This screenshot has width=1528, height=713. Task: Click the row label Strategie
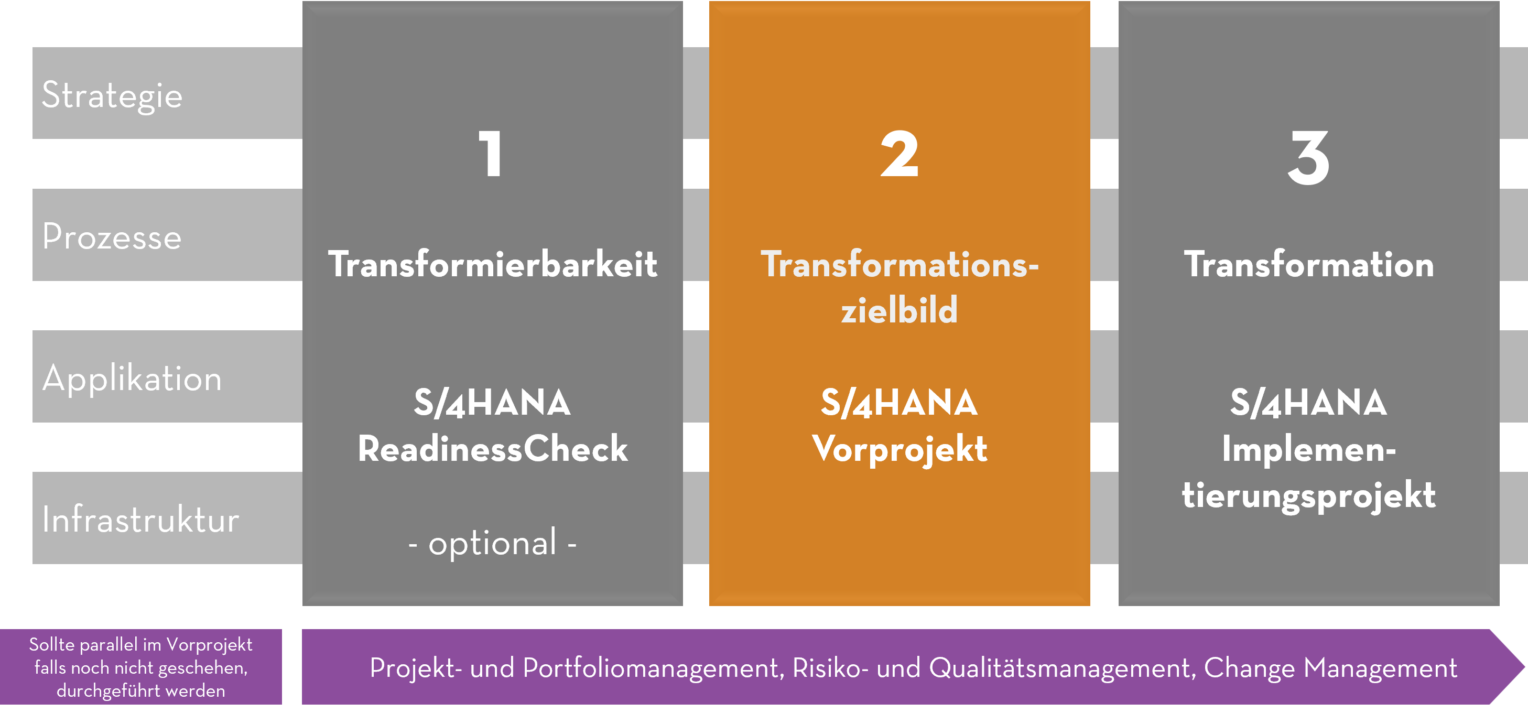coord(112,95)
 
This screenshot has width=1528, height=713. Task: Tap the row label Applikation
coord(132,379)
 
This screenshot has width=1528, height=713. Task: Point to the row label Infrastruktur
coord(140,520)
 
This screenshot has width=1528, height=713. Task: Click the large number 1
coord(491,154)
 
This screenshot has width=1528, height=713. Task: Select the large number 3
coord(1308,157)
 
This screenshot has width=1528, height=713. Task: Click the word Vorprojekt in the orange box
coord(900,450)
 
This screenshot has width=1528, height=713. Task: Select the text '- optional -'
coord(492,543)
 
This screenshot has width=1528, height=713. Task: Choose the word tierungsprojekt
coord(1308,496)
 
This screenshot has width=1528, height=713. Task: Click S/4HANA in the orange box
coord(900,403)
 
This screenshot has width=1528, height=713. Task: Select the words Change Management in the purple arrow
coord(1330,668)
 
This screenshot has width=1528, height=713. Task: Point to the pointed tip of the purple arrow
coord(1524,667)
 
